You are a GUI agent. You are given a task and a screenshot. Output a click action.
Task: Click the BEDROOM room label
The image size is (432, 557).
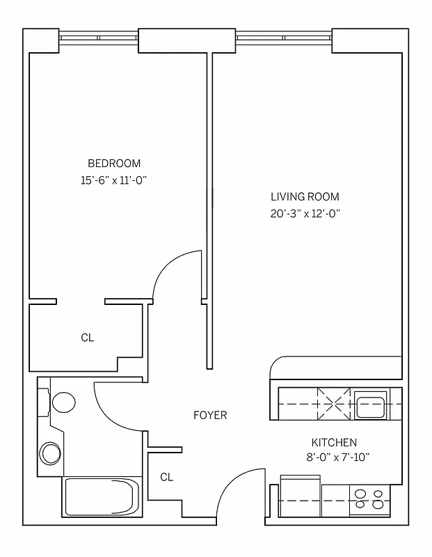coord(114,164)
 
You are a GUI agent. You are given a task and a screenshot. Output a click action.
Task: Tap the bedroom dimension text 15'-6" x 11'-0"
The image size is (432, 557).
coord(114,180)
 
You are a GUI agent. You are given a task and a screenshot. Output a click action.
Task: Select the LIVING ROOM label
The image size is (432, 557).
coord(305,197)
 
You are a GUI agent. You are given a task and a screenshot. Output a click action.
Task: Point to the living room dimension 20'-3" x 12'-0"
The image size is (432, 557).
coord(305,214)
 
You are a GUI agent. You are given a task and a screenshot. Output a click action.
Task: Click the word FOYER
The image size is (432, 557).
coord(210,416)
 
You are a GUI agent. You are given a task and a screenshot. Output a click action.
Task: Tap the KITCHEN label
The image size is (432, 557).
coord(334,442)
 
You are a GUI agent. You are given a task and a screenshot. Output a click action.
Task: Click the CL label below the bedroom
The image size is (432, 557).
coord(87,338)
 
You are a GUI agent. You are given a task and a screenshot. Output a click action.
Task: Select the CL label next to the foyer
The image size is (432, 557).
coord(166,477)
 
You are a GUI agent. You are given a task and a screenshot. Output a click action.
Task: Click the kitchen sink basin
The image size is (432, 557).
coord(371,405)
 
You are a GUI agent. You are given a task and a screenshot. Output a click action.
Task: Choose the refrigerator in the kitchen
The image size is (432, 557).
coord(300,496)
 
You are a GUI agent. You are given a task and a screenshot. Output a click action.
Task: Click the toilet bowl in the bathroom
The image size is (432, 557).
coord(63,402)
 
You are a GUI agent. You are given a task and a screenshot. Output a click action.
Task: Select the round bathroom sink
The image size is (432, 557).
coord(51,453)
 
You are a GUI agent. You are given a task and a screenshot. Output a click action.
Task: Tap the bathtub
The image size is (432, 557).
coord(102,497)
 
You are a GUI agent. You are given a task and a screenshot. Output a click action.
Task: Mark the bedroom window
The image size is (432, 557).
coord(98,39)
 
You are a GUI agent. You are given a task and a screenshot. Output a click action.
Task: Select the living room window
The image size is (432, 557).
coord(285,39)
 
